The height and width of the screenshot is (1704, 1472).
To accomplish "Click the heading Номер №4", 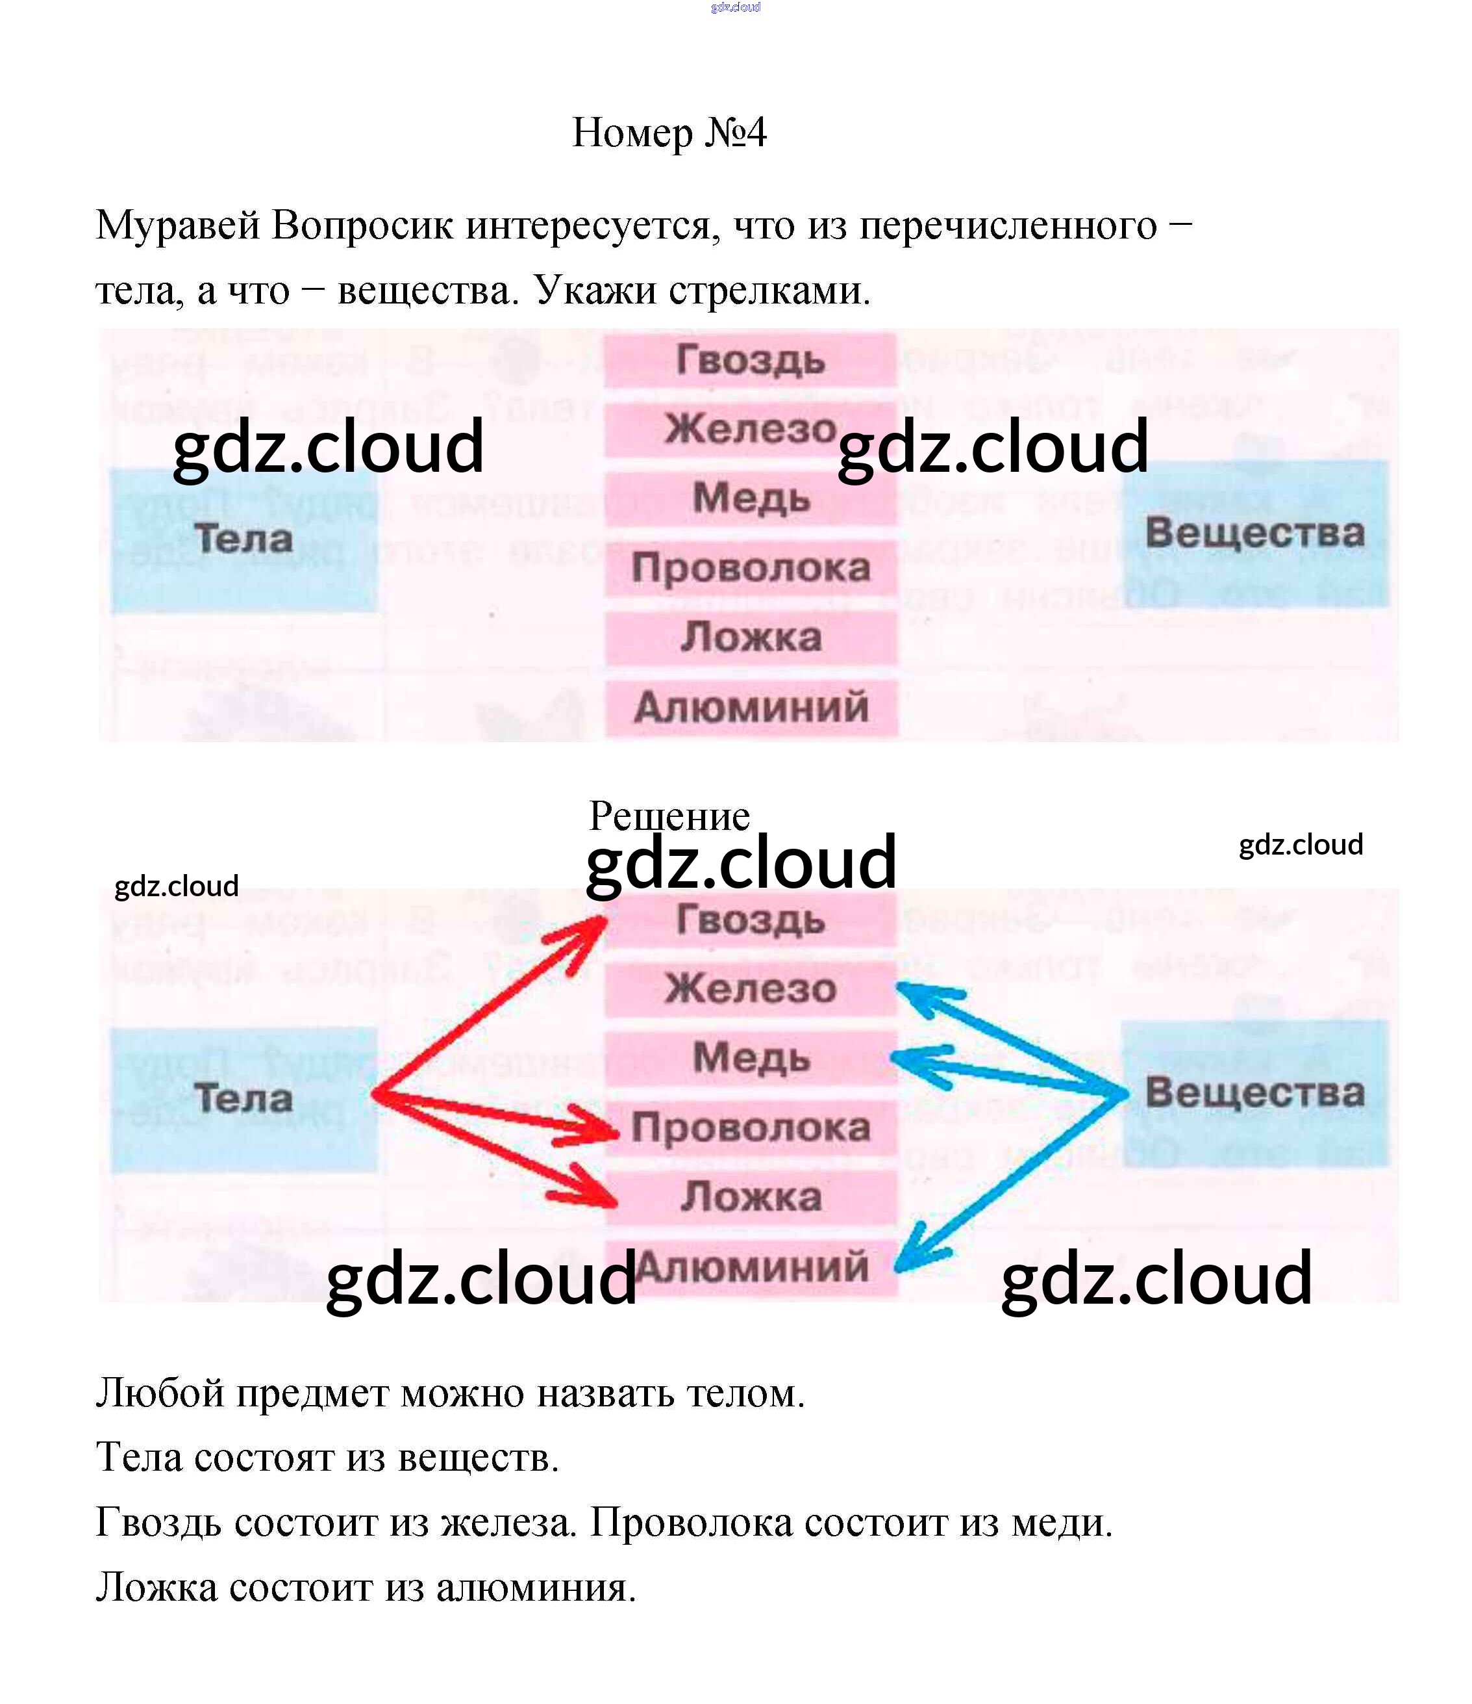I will [x=669, y=133].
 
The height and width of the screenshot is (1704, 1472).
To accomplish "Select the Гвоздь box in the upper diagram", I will [x=751, y=360].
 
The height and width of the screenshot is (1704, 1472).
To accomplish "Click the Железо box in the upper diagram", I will [x=751, y=430].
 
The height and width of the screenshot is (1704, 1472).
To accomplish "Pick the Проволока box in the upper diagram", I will [x=751, y=567].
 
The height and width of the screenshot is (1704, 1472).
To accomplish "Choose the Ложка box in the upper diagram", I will [x=751, y=638].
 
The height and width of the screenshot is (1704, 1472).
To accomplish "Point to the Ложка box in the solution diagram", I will [x=751, y=1196].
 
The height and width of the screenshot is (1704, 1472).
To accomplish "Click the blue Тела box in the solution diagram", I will [x=244, y=1100].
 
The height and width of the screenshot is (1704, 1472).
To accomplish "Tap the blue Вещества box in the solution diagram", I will [x=1254, y=1094].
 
